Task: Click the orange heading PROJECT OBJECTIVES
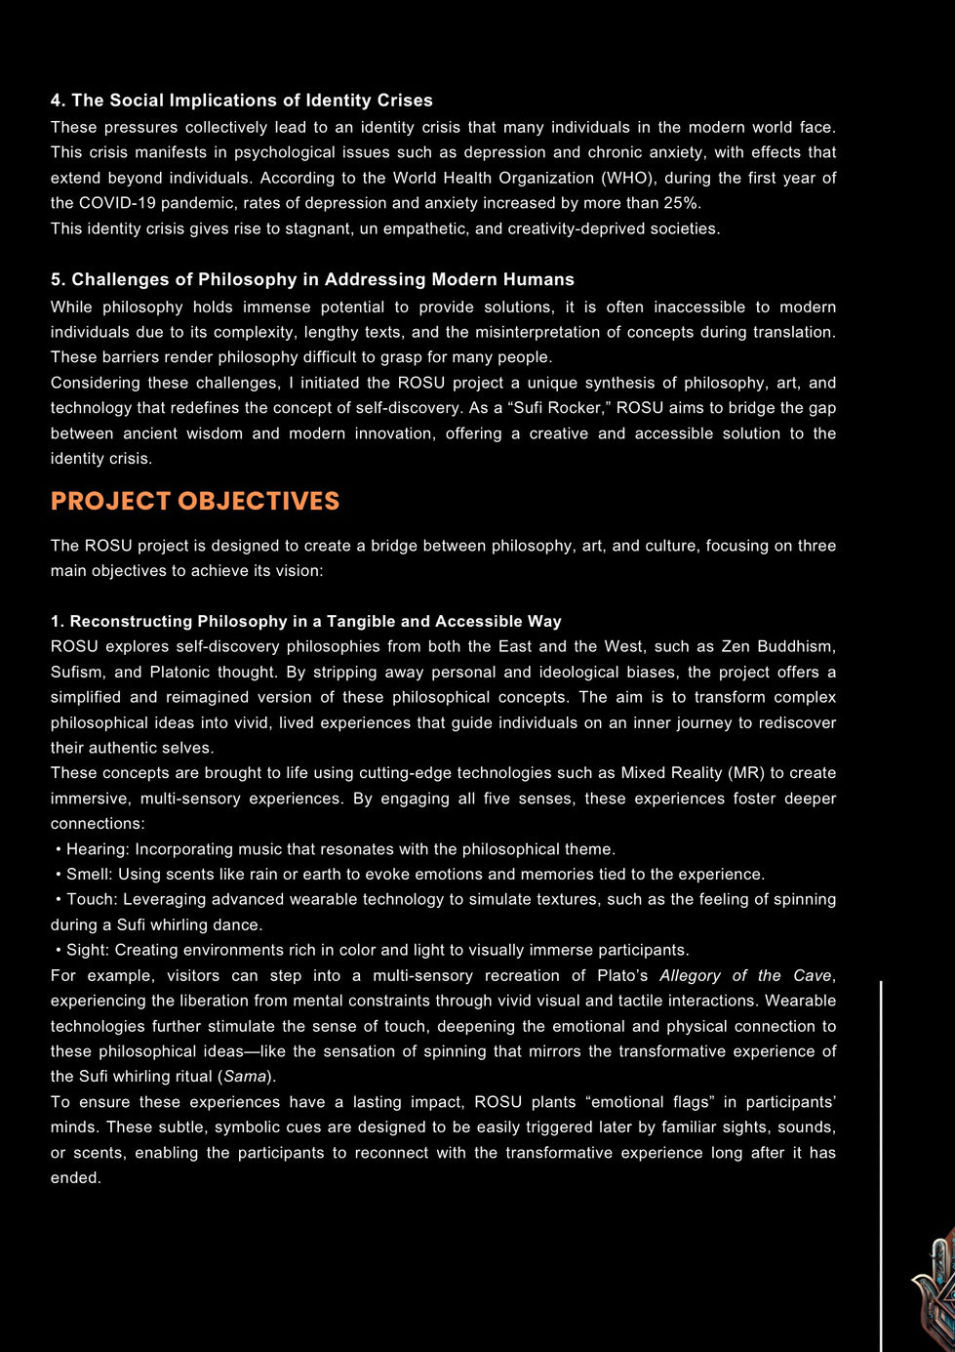point(195,501)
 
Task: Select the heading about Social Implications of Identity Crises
point(242,101)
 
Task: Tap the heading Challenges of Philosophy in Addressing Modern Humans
point(313,280)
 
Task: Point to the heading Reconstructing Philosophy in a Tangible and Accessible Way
point(306,622)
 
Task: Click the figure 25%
point(682,203)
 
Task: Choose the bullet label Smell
point(89,875)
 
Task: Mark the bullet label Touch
point(90,900)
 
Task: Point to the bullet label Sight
point(88,951)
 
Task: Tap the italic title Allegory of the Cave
point(745,976)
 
